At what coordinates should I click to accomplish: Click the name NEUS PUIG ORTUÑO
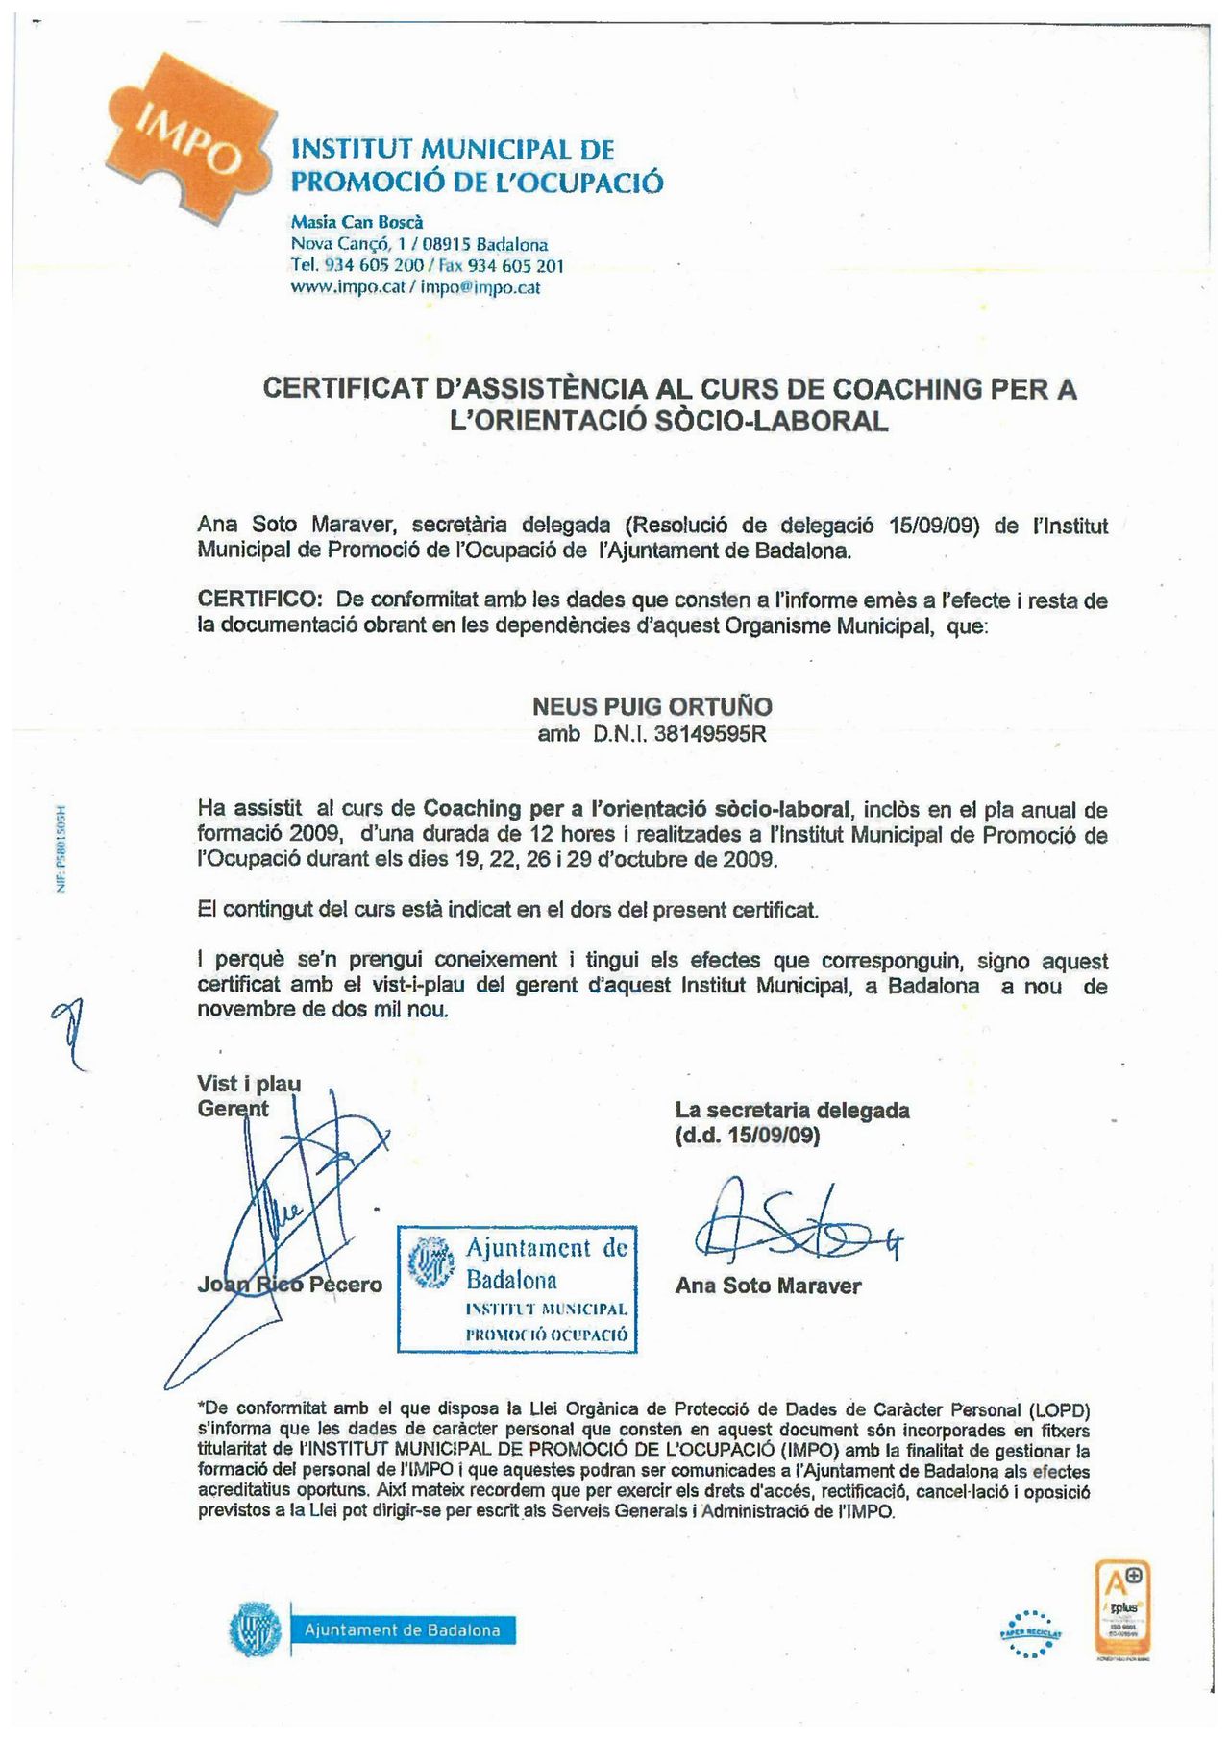pos(652,707)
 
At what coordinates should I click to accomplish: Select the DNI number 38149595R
pos(710,735)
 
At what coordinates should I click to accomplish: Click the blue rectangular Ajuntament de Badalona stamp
pos(518,1289)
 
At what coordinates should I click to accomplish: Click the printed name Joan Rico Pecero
pos(289,1285)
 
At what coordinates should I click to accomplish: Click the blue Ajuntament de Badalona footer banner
pos(402,1630)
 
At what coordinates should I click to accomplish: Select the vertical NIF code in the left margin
pos(60,847)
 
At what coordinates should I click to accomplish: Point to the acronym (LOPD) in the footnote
pos(1059,1410)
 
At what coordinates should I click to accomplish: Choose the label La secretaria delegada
pos(792,1111)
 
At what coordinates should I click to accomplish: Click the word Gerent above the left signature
pos(233,1109)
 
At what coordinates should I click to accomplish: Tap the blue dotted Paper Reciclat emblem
pos(1030,1632)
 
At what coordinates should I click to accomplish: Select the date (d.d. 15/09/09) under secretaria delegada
pos(747,1136)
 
